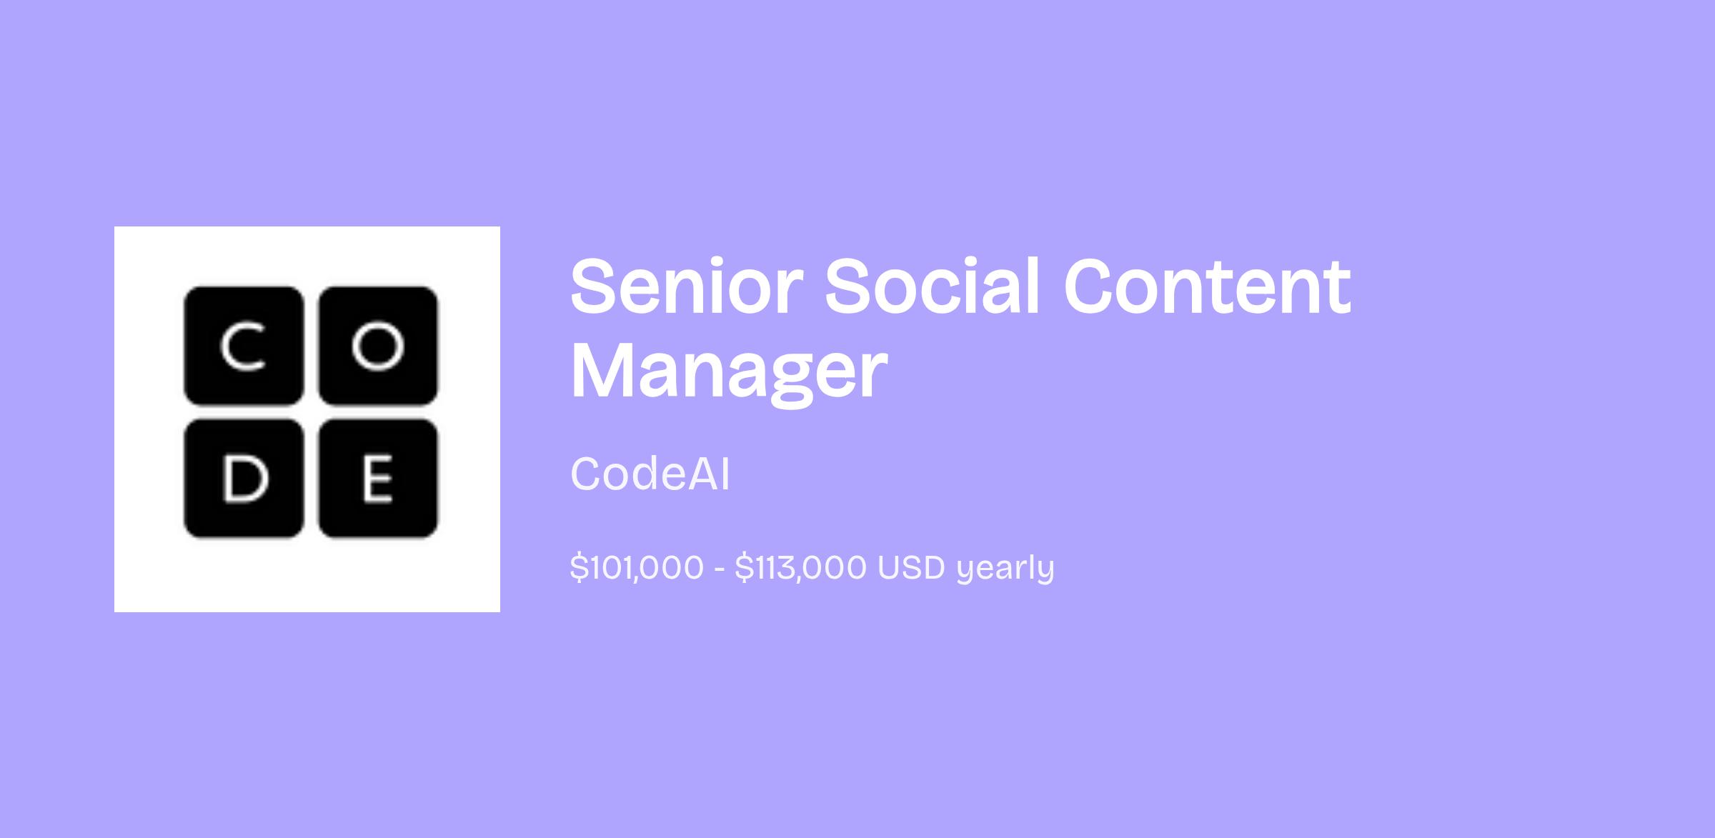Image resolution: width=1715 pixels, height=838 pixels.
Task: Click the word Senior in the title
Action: coord(682,286)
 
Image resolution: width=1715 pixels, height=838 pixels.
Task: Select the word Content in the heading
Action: coord(1208,286)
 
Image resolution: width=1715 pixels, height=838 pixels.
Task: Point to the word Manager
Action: coord(729,373)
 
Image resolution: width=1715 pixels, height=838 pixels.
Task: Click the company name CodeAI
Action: coord(650,474)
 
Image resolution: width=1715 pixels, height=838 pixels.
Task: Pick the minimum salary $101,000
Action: coord(637,568)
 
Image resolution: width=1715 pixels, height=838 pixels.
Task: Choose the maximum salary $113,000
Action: coord(801,568)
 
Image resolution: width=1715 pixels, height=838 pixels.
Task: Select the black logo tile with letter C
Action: coord(244,345)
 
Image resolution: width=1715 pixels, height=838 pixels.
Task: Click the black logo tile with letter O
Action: coord(377,345)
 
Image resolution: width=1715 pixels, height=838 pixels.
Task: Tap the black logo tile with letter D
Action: coord(244,478)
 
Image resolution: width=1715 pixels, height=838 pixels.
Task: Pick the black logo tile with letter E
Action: coord(377,478)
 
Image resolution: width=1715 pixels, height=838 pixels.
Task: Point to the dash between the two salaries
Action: coord(720,570)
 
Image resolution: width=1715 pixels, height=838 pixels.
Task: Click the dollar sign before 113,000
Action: coord(743,568)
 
